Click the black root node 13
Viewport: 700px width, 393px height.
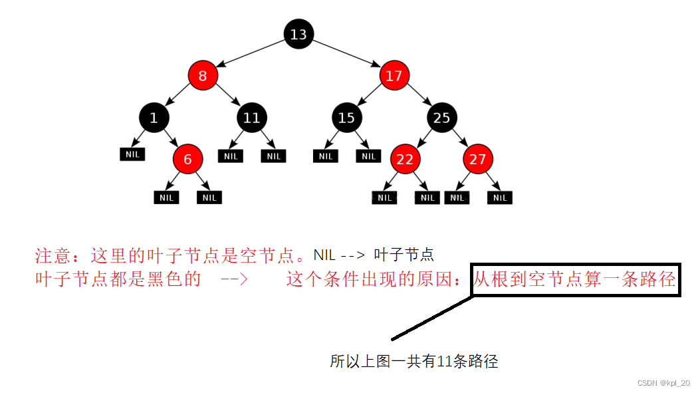[298, 34]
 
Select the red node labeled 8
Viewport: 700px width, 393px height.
[203, 76]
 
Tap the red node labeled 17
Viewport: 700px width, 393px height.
[394, 76]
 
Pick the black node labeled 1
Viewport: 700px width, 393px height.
[154, 118]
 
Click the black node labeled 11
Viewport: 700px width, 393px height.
[251, 118]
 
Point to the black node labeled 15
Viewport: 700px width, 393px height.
[346, 118]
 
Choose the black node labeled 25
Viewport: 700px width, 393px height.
[442, 118]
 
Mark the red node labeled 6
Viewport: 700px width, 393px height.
[187, 160]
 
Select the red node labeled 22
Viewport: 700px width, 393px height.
[405, 160]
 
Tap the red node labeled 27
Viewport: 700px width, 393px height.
[478, 160]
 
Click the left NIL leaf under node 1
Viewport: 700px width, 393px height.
[132, 154]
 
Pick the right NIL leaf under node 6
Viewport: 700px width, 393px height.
[209, 197]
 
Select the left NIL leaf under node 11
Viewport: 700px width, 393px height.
[231, 156]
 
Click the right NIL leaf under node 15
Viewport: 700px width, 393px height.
[368, 156]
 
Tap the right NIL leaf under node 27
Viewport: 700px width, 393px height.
[500, 197]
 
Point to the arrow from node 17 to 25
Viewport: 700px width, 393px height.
[418, 97]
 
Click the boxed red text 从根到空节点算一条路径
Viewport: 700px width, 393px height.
[574, 279]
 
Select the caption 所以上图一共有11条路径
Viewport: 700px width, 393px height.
[413, 362]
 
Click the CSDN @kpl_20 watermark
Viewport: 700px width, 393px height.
[663, 383]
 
